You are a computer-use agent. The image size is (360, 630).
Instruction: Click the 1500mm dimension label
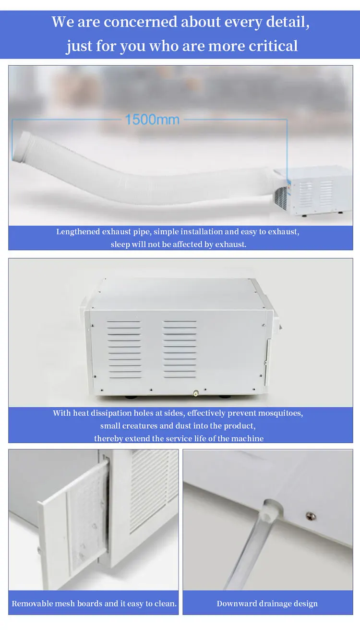[x=152, y=120]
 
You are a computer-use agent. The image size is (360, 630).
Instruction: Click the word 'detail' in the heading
[x=288, y=22]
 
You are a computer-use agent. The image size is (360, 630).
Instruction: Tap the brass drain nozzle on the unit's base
[x=196, y=393]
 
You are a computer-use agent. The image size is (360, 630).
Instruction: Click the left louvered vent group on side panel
[x=124, y=349]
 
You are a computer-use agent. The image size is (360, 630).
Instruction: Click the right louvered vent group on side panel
[x=180, y=349]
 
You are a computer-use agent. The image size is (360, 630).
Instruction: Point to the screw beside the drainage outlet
[x=311, y=516]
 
